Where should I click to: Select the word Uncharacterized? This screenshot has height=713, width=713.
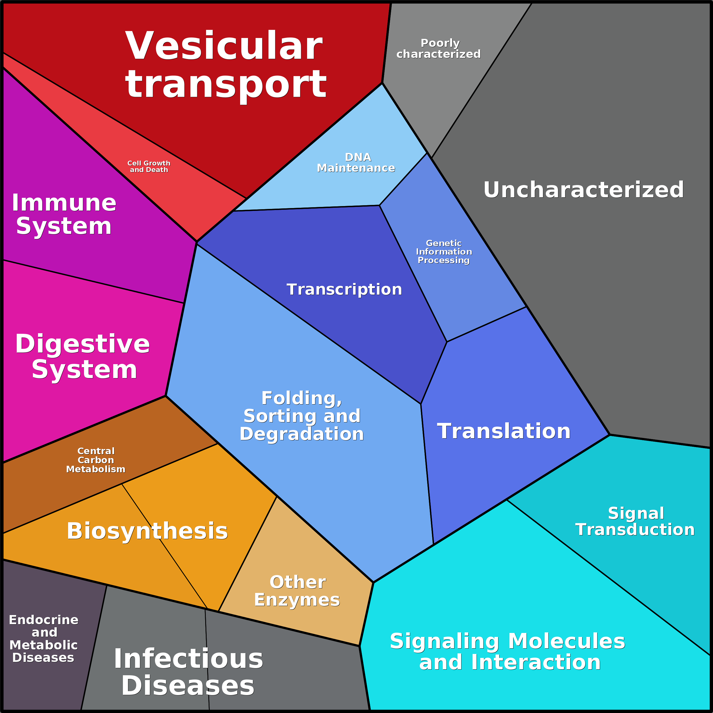tap(584, 190)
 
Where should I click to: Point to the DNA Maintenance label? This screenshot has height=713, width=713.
tap(356, 163)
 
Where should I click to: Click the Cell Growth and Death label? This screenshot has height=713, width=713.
tap(149, 166)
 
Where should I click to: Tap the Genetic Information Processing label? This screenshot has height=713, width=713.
tap(444, 252)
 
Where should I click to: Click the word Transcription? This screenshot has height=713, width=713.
tap(344, 289)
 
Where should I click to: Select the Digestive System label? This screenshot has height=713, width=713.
tap(83, 356)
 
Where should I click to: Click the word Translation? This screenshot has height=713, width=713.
tap(504, 431)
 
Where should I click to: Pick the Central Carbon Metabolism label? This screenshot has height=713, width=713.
tap(96, 460)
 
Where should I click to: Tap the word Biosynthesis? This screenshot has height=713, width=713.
tap(147, 531)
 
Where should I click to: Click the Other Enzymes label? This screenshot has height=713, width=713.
tap(297, 591)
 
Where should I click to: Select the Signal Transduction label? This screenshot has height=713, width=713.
tap(635, 521)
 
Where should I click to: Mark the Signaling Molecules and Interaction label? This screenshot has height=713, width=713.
tap(508, 652)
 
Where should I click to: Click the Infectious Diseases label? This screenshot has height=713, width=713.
tap(188, 672)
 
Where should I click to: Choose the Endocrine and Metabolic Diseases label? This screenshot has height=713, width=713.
tap(43, 639)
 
